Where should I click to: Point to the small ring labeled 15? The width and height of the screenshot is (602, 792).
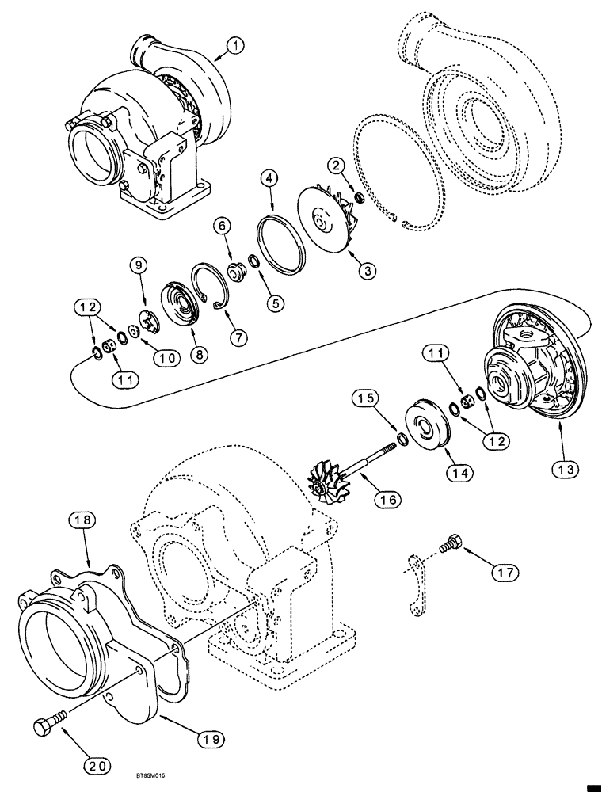click(403, 437)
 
